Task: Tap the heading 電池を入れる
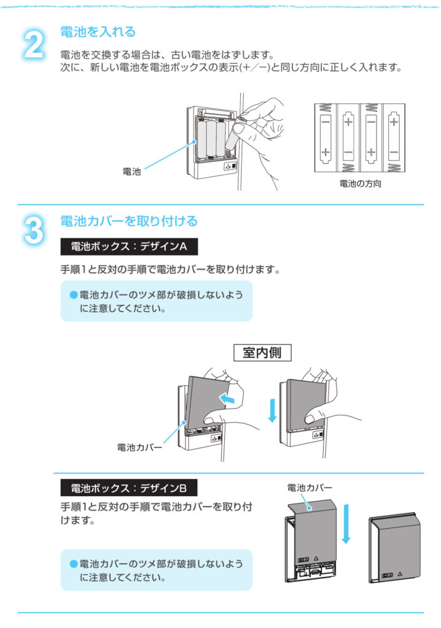click(98, 31)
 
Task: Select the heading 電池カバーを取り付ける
click(128, 220)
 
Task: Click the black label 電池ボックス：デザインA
click(129, 247)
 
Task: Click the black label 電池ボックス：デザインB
click(129, 489)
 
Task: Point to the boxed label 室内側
click(263, 354)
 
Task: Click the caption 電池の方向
click(360, 183)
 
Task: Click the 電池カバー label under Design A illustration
click(139, 448)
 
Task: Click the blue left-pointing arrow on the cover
click(228, 399)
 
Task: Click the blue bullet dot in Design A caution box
click(74, 295)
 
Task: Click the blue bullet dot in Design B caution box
click(74, 564)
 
